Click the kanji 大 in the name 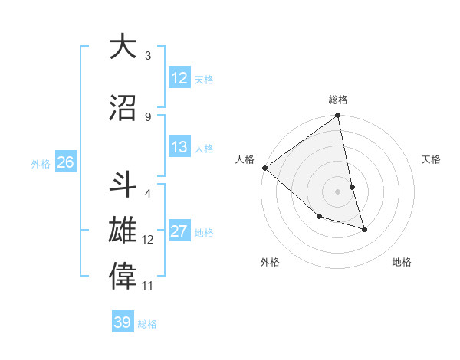point(123,47)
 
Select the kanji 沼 point(123,108)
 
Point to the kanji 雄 point(123,231)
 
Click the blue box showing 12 point(179,77)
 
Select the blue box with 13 point(179,147)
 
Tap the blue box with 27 point(179,232)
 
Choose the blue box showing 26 point(65,162)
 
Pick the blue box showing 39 point(122,322)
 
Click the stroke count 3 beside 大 point(148,56)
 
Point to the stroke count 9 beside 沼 point(148,116)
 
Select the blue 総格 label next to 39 point(147,323)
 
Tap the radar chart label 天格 point(432,159)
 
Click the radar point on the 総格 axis point(338,116)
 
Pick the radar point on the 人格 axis point(264,168)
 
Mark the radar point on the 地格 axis point(364,229)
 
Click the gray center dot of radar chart point(338,191)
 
